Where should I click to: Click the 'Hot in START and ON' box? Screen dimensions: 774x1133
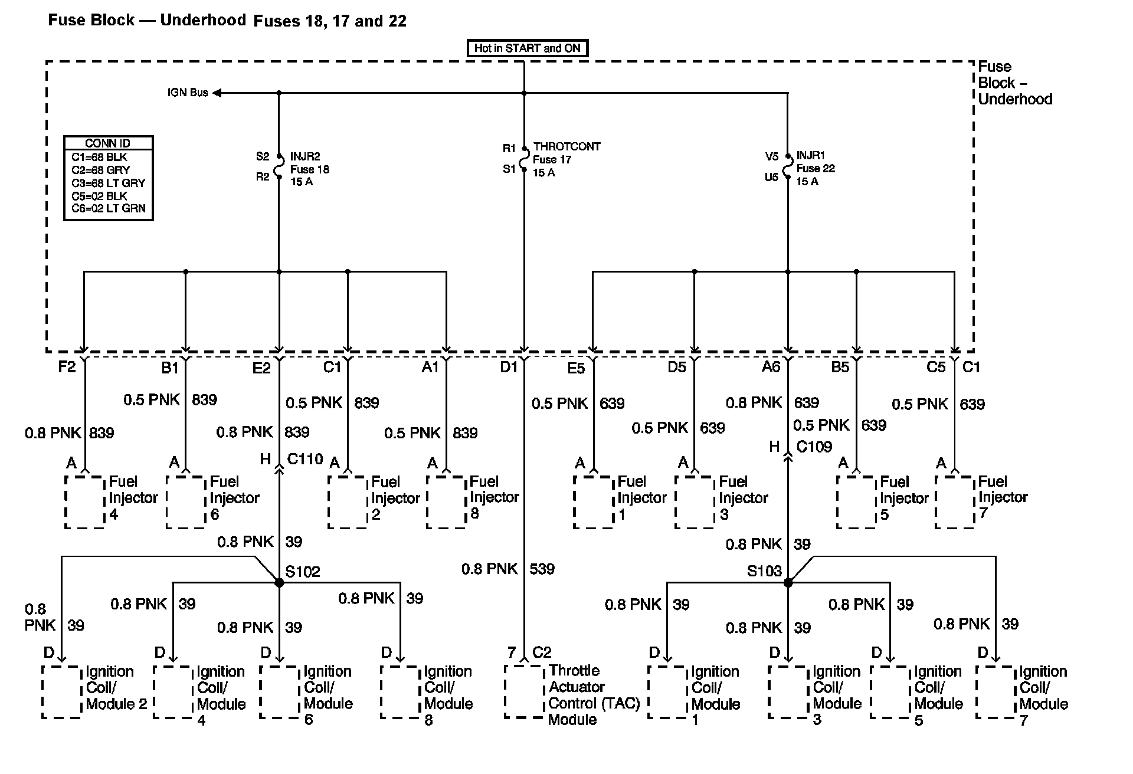(x=527, y=48)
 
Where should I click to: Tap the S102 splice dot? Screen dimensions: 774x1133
(x=279, y=582)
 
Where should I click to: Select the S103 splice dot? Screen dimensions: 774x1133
(x=788, y=582)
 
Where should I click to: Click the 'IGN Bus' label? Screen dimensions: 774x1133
(x=188, y=93)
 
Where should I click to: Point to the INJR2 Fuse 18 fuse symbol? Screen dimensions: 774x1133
(x=279, y=166)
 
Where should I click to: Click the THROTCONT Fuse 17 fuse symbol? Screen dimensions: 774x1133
(x=524, y=159)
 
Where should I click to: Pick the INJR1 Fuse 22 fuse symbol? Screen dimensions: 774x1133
(x=787, y=166)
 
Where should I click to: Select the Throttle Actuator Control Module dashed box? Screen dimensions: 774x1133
(x=524, y=692)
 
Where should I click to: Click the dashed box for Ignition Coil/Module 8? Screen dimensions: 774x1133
(x=400, y=692)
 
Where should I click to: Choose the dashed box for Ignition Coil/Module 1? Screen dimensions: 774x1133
(x=667, y=692)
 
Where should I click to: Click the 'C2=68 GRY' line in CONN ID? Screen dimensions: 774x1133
(x=101, y=170)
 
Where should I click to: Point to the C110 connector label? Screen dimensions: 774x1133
(x=305, y=459)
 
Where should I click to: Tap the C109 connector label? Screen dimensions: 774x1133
(x=814, y=447)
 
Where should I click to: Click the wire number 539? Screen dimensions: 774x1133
(x=542, y=569)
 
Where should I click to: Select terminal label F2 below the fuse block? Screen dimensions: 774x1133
(x=67, y=367)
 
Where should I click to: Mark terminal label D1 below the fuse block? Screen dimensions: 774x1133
(x=509, y=367)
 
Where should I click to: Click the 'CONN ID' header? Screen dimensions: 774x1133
(x=107, y=143)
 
